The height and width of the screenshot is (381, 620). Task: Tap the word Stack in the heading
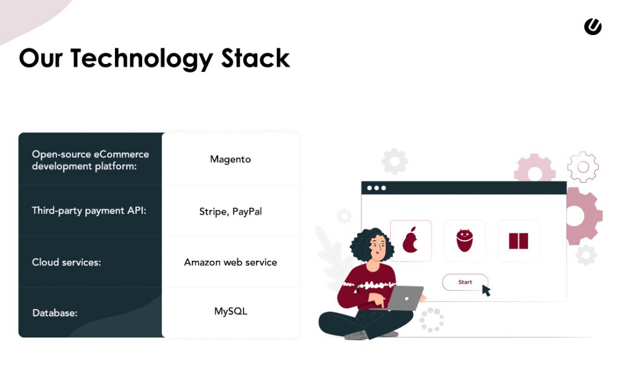coord(256,59)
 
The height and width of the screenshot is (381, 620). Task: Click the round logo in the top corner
coord(593,27)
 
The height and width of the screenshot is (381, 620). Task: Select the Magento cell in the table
coord(230,160)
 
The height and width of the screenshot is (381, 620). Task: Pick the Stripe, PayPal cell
coord(230,212)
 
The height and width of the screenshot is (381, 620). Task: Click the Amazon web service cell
coord(230,262)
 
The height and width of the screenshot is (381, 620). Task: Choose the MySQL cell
coord(230,311)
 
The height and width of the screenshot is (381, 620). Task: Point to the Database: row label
coord(54,313)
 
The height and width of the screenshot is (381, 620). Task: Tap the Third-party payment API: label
coord(88,211)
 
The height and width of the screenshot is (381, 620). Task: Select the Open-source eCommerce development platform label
coord(90,160)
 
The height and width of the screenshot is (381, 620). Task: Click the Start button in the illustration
coord(465,282)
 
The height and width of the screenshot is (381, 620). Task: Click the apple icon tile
coord(411,241)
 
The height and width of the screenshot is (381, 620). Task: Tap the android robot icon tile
coord(464,241)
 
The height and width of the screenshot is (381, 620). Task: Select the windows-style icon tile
coord(518,241)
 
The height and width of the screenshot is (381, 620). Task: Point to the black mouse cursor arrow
coord(486,290)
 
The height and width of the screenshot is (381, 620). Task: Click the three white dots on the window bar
coord(376,188)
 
